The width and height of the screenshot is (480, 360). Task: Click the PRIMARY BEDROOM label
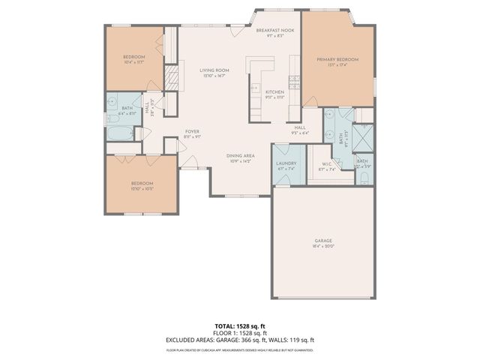(x=337, y=59)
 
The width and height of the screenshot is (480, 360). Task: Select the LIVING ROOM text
(x=214, y=70)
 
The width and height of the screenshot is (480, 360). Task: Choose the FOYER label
(x=193, y=132)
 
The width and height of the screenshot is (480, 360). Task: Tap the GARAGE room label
(x=323, y=241)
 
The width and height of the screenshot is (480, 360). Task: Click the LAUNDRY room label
(x=286, y=164)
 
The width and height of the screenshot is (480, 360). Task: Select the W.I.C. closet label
(x=327, y=166)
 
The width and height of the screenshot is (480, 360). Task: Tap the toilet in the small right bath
(x=363, y=178)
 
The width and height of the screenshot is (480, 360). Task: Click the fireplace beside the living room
(x=172, y=77)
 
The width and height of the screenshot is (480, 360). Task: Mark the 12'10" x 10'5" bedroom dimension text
(x=142, y=189)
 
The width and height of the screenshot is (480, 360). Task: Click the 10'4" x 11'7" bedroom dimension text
(x=134, y=62)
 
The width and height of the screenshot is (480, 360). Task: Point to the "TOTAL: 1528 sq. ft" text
(x=240, y=326)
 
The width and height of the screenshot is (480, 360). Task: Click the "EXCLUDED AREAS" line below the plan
(x=240, y=340)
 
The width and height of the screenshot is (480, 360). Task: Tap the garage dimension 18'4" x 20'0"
(x=323, y=246)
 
